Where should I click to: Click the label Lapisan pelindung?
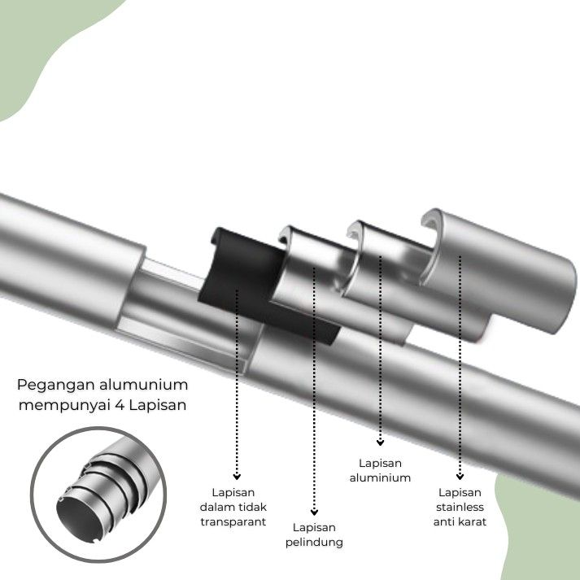314,534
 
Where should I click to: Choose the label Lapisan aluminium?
380,470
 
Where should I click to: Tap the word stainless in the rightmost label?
460,507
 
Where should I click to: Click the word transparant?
233,521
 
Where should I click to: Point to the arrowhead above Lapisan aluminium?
380,443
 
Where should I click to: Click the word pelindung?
314,542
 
